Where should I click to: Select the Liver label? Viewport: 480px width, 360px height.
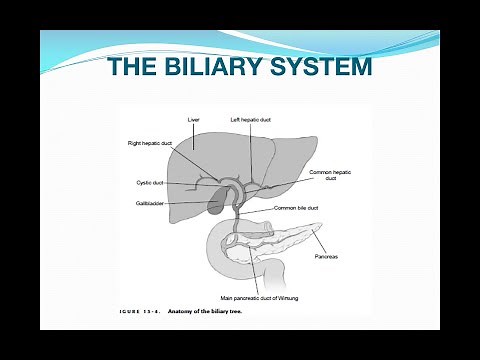point(194,120)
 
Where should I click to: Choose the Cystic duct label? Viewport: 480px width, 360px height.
point(150,183)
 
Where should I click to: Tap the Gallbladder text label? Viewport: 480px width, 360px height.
point(151,202)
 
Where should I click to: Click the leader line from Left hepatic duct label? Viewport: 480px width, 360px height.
point(251,150)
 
